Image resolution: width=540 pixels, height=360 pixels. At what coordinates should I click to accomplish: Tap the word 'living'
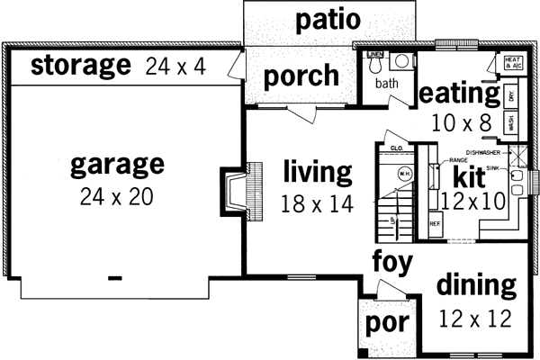pyautogui.click(x=316, y=170)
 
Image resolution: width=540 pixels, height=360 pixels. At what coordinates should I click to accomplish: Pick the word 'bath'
pyautogui.click(x=387, y=84)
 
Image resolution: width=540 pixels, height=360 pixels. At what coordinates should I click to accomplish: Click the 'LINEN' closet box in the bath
pyautogui.click(x=376, y=57)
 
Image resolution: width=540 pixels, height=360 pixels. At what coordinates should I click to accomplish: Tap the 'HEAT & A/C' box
pyautogui.click(x=514, y=63)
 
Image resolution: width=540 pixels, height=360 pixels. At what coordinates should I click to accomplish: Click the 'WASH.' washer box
pyautogui.click(x=510, y=123)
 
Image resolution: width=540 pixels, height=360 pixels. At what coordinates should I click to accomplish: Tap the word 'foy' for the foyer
pyautogui.click(x=392, y=263)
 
